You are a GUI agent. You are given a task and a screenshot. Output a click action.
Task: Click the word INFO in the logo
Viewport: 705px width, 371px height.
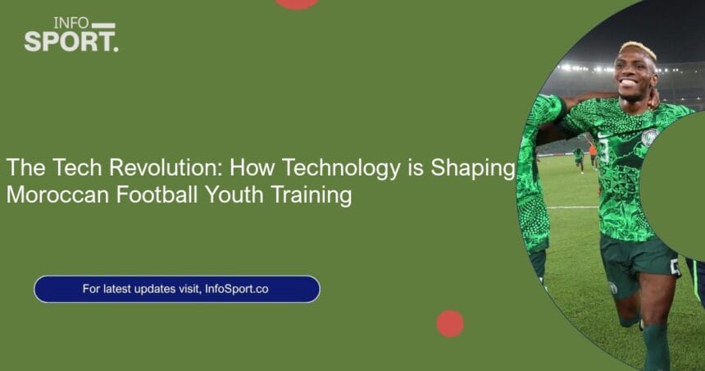tap(71, 23)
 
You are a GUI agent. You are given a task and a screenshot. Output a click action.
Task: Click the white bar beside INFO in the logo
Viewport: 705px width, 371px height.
tap(103, 25)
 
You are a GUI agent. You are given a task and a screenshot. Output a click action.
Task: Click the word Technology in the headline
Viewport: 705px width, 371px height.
tap(341, 168)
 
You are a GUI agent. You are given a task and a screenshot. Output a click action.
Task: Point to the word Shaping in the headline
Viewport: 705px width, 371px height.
tap(473, 168)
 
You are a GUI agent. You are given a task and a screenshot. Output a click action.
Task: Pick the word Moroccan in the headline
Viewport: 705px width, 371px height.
tap(57, 195)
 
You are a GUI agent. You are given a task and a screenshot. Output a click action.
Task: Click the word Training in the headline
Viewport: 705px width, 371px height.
tap(312, 196)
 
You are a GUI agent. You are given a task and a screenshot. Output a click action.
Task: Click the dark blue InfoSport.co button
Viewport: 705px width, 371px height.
tap(177, 289)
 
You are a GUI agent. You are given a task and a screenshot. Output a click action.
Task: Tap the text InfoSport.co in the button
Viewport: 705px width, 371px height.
tap(236, 289)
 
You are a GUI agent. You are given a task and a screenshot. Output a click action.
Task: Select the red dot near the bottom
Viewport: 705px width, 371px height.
tap(450, 323)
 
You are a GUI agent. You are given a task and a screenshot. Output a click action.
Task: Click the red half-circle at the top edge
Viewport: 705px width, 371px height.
tap(298, 4)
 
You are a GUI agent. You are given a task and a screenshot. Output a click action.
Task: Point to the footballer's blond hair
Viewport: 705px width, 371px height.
tap(639, 48)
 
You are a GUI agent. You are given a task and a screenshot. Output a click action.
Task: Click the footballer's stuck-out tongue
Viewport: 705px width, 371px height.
tap(628, 83)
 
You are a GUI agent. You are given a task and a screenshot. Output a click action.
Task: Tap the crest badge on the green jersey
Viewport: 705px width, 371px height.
tap(650, 137)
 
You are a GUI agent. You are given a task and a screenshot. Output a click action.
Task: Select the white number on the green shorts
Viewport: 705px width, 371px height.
tap(675, 267)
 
